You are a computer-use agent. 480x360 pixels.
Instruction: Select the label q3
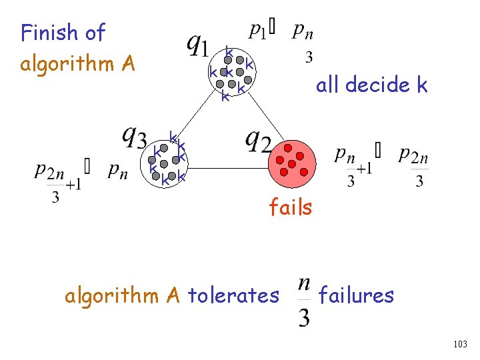coord(134,139)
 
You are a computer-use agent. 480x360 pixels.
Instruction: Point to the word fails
coord(290,207)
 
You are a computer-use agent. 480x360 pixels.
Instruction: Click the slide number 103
coord(459,344)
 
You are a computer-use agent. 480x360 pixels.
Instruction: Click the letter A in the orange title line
coord(129,64)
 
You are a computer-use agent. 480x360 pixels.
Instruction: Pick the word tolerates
coord(233,294)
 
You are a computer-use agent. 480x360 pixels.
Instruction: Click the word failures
coord(357,294)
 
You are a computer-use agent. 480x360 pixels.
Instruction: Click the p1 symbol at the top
coord(257,32)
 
